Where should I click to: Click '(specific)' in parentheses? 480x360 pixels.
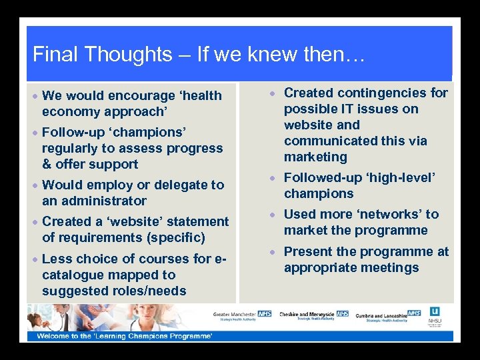(x=176, y=237)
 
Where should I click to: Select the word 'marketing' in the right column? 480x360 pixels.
(x=315, y=157)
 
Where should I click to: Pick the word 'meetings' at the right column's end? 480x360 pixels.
(x=390, y=267)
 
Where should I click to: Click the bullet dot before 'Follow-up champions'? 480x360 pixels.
(x=35, y=132)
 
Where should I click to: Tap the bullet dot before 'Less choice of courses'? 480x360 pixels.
(x=35, y=259)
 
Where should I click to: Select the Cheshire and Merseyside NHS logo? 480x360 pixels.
(x=314, y=315)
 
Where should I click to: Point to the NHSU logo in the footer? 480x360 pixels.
(x=435, y=315)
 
